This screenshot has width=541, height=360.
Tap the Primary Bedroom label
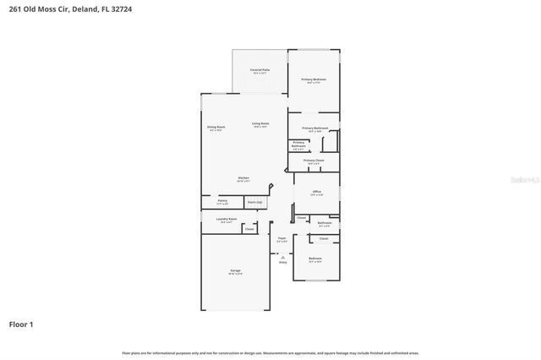(x=314, y=79)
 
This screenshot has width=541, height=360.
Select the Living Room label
(x=260, y=123)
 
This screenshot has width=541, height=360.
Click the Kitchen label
(x=243, y=177)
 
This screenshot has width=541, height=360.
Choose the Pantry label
(x=222, y=201)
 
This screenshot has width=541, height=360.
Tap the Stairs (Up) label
(x=254, y=202)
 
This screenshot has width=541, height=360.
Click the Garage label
(x=235, y=271)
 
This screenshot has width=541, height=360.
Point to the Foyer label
(x=282, y=239)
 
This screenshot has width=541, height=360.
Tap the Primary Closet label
(x=314, y=160)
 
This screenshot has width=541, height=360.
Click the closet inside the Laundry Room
(x=249, y=228)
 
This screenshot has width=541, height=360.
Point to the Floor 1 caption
(x=21, y=324)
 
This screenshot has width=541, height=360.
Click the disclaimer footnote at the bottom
(x=270, y=352)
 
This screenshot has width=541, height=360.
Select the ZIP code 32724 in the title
(x=119, y=9)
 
